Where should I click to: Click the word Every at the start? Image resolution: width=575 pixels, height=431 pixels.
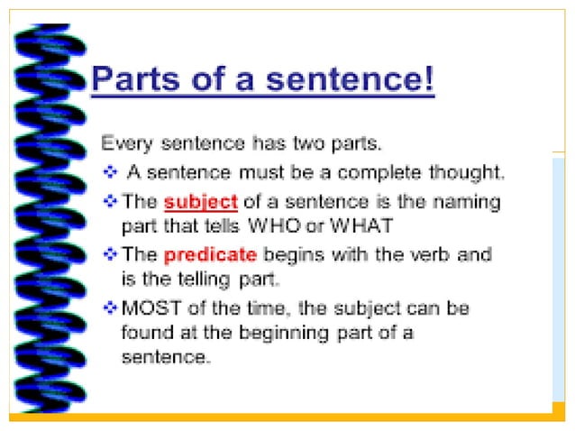click(x=125, y=143)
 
